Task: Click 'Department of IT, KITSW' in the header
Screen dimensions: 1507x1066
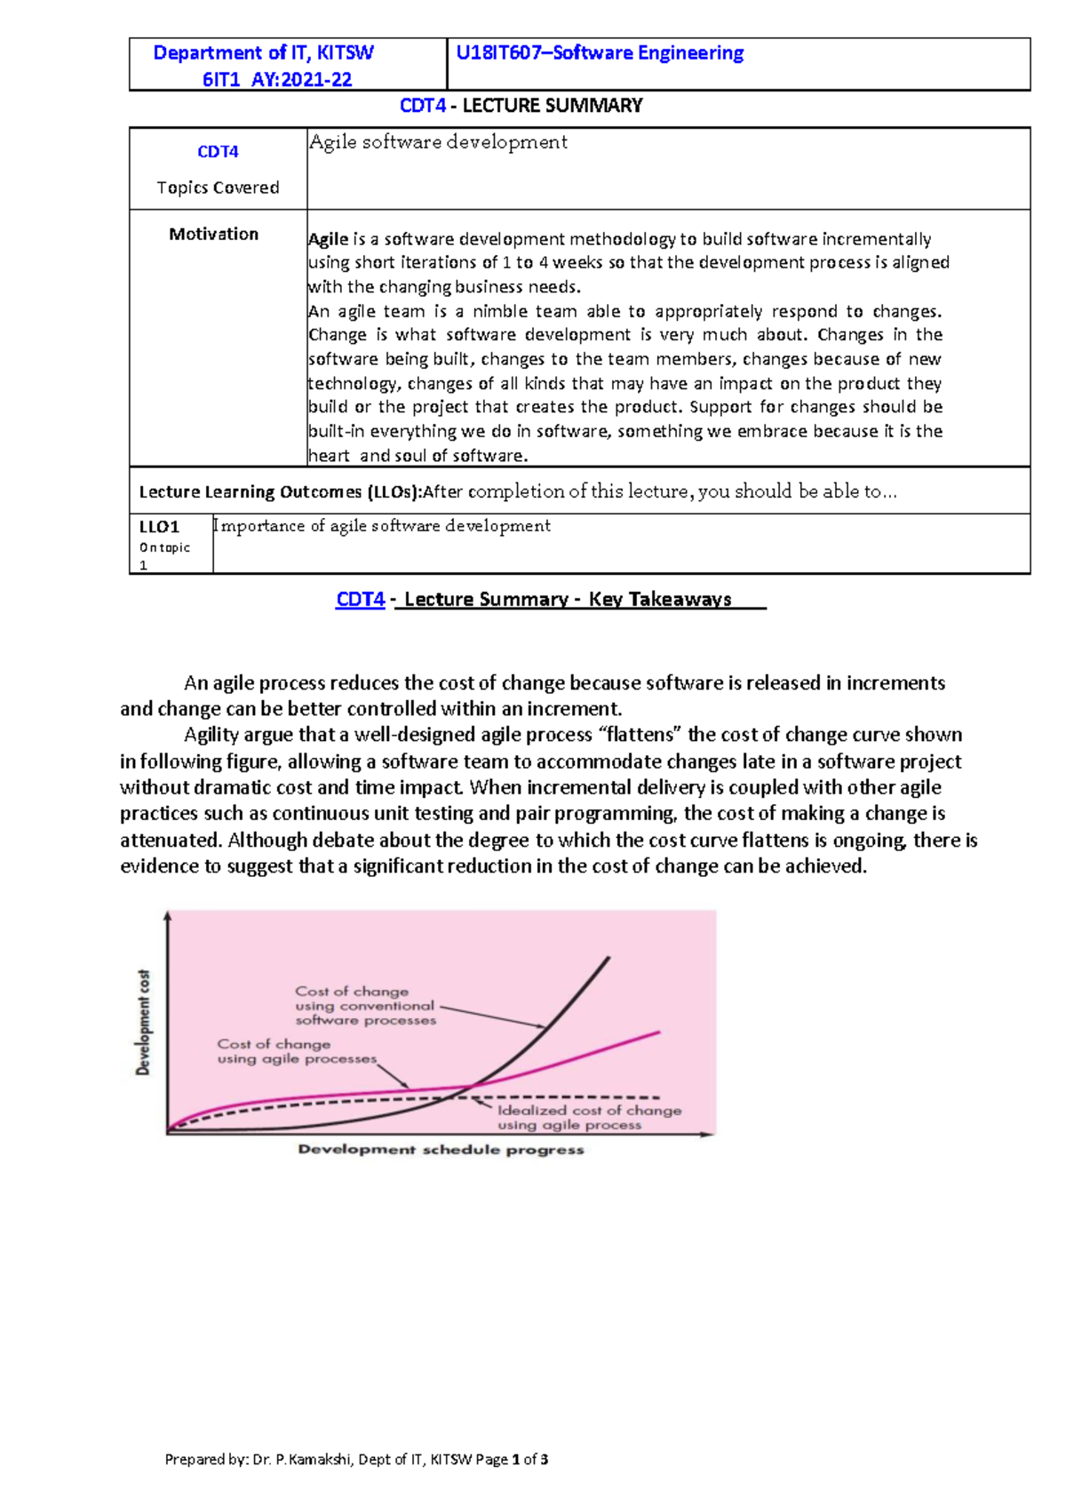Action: coord(263,53)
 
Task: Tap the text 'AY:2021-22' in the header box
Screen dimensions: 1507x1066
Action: coord(302,80)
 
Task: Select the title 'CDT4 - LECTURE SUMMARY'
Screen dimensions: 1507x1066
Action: coord(521,106)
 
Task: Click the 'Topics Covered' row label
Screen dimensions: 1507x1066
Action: coord(218,187)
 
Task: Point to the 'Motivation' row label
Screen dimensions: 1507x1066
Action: coord(213,234)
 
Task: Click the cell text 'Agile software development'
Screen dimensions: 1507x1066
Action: coord(438,142)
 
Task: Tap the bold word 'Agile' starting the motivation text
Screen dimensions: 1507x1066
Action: coord(328,239)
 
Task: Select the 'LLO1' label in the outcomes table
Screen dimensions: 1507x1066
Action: coord(159,527)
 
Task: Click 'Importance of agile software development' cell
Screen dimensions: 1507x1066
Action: coord(382,526)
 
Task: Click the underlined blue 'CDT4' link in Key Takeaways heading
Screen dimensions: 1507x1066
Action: coord(360,600)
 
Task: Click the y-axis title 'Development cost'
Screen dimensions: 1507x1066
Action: coord(143,1022)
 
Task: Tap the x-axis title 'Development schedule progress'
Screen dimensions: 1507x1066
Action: coord(441,1150)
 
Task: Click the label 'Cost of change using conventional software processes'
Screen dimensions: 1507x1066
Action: coord(365,1006)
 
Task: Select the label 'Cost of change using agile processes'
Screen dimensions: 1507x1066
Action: coord(296,1051)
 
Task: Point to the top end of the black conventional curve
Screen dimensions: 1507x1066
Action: coord(609,958)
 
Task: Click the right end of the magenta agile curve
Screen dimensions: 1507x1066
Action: coord(658,1033)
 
